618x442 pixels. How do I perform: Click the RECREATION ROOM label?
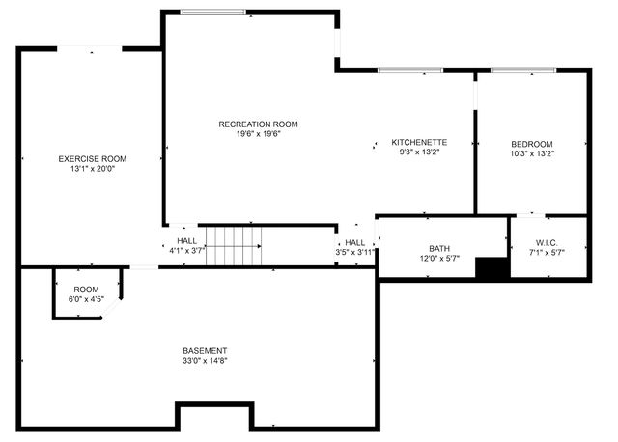pos(258,124)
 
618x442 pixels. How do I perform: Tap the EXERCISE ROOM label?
pos(92,158)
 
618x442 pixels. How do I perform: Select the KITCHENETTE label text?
pos(418,142)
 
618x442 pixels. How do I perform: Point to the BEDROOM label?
pos(531,144)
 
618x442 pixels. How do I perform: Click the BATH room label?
pos(439,248)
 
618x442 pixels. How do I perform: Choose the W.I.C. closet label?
pos(547,242)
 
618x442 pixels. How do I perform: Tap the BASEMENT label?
pos(205,350)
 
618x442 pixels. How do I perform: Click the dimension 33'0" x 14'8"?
pos(205,360)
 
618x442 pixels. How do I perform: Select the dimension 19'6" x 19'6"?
pos(258,133)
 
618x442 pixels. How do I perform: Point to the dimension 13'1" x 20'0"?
pos(92,168)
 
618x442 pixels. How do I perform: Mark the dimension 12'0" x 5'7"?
pos(439,258)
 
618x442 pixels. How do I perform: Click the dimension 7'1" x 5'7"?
pos(547,252)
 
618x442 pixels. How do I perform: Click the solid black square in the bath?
pos(492,268)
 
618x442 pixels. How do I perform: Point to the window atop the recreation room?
pos(212,12)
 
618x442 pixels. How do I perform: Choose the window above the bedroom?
pos(523,70)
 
